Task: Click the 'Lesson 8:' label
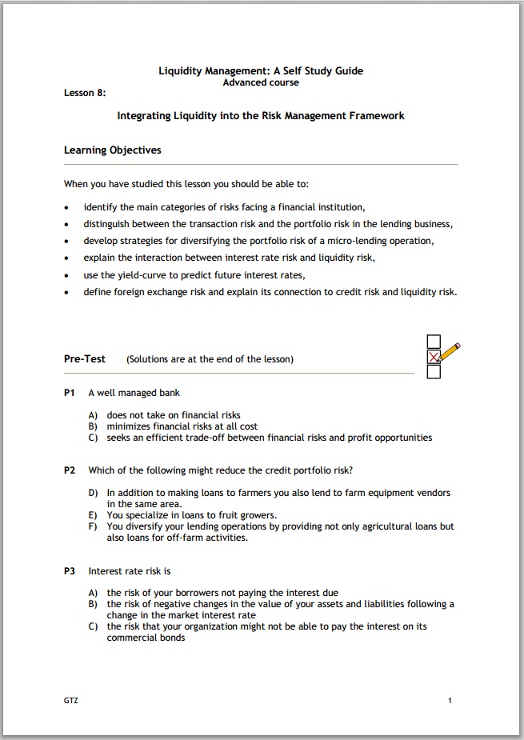click(x=85, y=92)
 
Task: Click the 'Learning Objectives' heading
click(x=112, y=150)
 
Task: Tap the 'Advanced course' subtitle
click(x=261, y=82)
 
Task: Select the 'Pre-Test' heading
click(x=85, y=358)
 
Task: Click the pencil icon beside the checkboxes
click(x=451, y=352)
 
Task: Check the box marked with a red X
click(x=434, y=356)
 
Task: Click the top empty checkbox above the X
click(x=434, y=341)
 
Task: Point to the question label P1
click(x=70, y=393)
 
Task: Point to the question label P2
click(x=70, y=470)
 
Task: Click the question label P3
click(x=70, y=571)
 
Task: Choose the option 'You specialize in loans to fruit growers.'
click(x=192, y=515)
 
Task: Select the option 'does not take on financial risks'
click(x=174, y=415)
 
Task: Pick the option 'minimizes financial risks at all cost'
click(x=182, y=426)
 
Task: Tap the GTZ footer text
click(x=71, y=701)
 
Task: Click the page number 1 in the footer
click(x=450, y=701)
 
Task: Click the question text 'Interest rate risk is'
click(x=130, y=571)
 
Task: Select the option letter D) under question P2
click(x=93, y=493)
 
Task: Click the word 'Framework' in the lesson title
click(x=376, y=115)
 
